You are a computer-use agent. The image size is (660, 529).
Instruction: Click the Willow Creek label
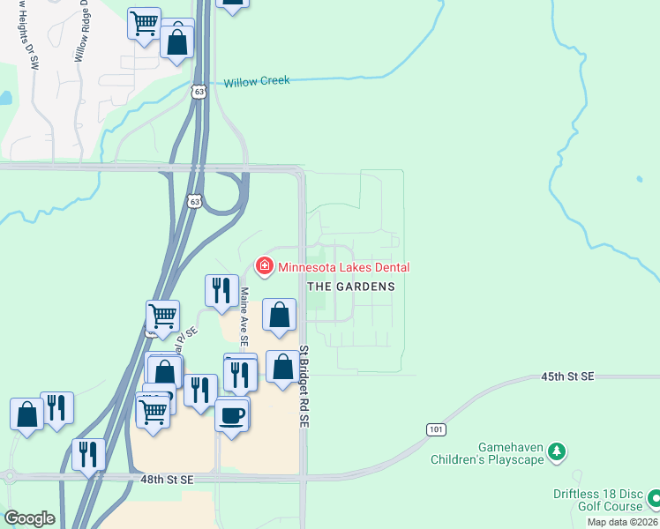[256, 82]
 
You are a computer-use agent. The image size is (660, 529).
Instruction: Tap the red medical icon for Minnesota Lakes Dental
[263, 265]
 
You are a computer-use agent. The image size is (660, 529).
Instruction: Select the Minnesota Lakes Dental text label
[344, 267]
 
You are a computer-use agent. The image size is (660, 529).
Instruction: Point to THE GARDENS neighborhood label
[350, 287]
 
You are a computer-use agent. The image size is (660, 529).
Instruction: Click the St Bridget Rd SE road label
[303, 386]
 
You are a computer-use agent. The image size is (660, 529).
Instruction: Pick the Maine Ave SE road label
[244, 315]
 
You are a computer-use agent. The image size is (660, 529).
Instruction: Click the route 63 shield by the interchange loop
[195, 201]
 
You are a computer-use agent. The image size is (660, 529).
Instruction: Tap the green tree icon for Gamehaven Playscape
[556, 452]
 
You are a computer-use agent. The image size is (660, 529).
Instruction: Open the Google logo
[29, 518]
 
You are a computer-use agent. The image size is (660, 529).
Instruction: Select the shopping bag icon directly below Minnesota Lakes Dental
[279, 315]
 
